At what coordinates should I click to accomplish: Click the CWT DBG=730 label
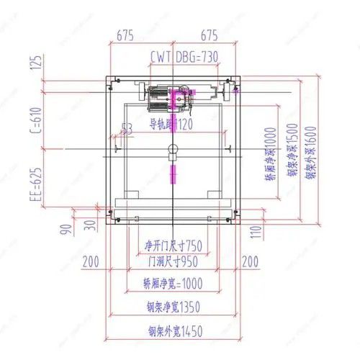pyautogui.click(x=184, y=56)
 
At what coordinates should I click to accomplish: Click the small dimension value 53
pyautogui.click(x=127, y=129)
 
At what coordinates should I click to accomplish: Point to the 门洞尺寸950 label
pyautogui.click(x=174, y=261)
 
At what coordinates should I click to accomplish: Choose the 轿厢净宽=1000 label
pyautogui.click(x=173, y=284)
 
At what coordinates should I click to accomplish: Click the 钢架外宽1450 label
pyautogui.click(x=174, y=332)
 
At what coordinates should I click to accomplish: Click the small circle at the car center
pyautogui.click(x=171, y=150)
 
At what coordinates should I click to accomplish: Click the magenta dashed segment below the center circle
pyautogui.click(x=171, y=174)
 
